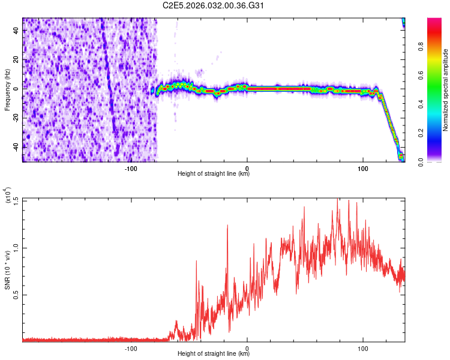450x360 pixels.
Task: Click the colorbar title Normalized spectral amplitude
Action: click(446, 90)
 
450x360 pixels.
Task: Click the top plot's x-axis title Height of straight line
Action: click(214, 174)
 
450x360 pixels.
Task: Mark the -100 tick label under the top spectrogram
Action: click(131, 168)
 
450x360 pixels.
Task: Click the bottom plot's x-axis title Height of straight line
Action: click(214, 354)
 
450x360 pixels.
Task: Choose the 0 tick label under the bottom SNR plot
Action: click(247, 348)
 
